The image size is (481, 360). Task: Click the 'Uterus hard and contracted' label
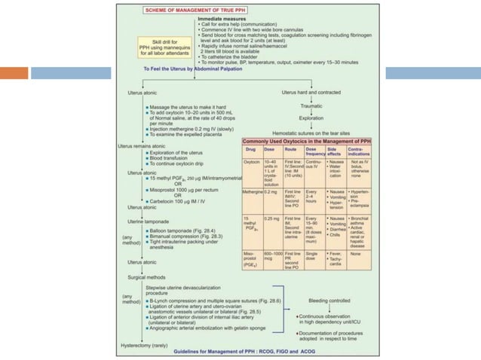(x=311, y=91)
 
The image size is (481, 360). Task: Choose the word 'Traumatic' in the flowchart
(x=311, y=106)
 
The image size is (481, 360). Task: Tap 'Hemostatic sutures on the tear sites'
(x=310, y=132)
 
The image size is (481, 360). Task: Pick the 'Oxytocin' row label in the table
(x=252, y=162)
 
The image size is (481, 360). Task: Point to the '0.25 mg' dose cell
(x=271, y=219)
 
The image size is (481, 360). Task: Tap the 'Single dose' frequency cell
(x=314, y=258)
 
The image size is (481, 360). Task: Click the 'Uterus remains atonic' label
(x=142, y=145)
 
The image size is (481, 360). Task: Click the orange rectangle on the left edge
(x=14, y=73)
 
